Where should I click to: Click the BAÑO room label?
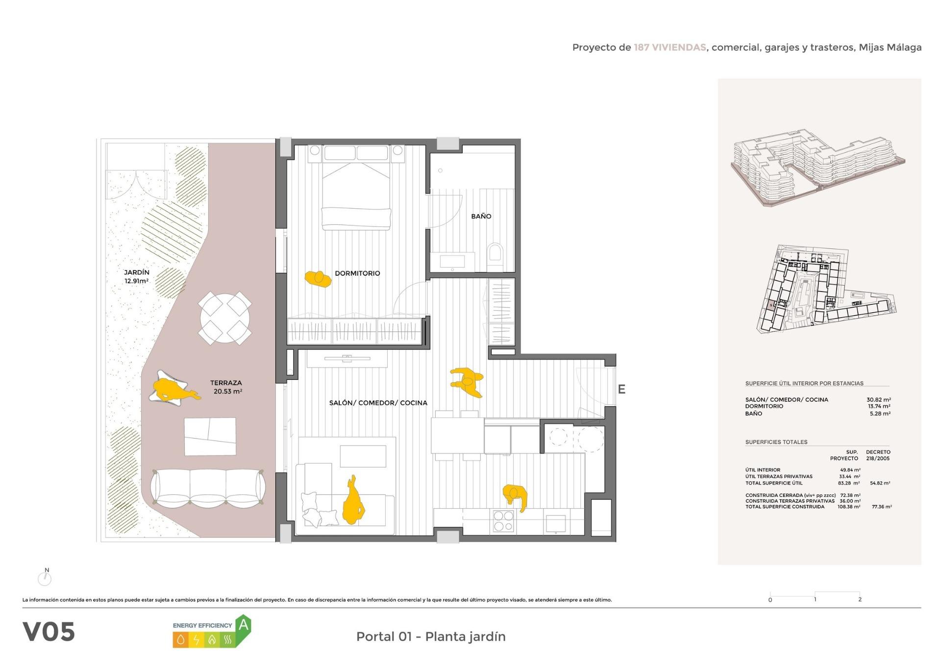click(481, 216)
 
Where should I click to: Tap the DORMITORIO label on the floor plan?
click(357, 273)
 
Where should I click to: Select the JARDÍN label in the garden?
click(137, 272)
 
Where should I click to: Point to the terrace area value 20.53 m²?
click(228, 392)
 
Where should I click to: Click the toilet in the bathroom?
click(495, 256)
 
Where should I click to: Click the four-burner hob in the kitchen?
click(503, 521)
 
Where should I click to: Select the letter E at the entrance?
click(621, 390)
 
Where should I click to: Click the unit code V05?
click(49, 632)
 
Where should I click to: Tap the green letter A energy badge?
click(244, 626)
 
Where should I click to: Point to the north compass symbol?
click(45, 578)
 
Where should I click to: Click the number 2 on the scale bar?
click(860, 599)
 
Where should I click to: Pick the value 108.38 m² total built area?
click(849, 507)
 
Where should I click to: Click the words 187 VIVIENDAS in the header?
click(670, 48)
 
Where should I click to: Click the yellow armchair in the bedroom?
click(318, 279)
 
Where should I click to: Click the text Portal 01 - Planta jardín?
click(431, 637)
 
